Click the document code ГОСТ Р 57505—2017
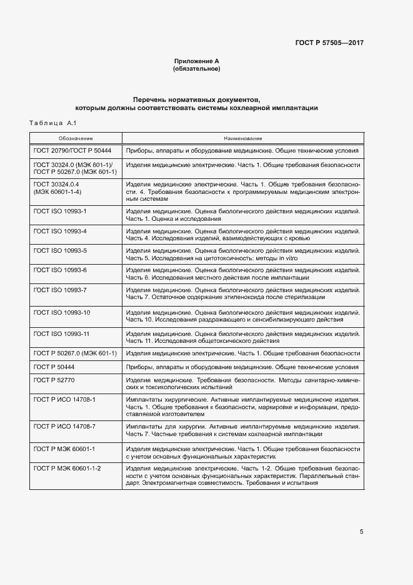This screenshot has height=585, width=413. pyautogui.click(x=329, y=43)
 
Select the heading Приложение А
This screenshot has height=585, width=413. pyautogui.click(x=196, y=61)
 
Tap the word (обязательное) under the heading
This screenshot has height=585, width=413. pyautogui.click(x=196, y=69)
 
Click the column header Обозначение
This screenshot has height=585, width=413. pyautogui.click(x=76, y=138)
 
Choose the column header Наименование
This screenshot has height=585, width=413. pyautogui.click(x=242, y=138)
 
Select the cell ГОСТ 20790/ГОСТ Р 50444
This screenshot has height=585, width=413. pyautogui.click(x=72, y=151)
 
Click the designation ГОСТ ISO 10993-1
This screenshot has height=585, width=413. pyautogui.click(x=60, y=211)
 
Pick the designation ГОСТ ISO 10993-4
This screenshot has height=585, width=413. pyautogui.click(x=60, y=231)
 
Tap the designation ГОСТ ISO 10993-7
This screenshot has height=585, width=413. pyautogui.click(x=60, y=290)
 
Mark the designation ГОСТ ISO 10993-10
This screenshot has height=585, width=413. pyautogui.click(x=62, y=312)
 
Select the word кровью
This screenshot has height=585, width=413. pyautogui.click(x=296, y=238)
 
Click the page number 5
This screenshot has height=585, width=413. pyautogui.click(x=361, y=532)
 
